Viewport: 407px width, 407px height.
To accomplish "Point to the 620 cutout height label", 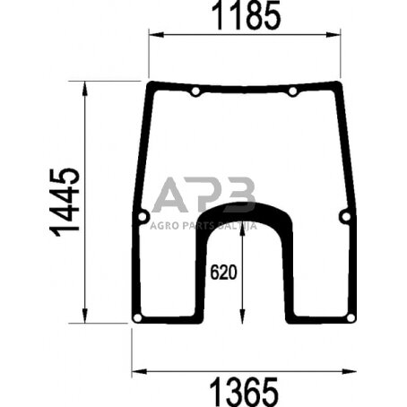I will pyautogui.click(x=224, y=272).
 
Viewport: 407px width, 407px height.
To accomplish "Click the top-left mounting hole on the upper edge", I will pyautogui.click(x=195, y=92).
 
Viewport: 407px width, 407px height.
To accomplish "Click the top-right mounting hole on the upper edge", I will pyautogui.click(x=293, y=92).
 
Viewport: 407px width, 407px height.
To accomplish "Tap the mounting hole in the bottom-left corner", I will pyautogui.click(x=136, y=318).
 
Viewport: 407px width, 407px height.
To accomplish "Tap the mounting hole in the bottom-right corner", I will pyautogui.click(x=351, y=318).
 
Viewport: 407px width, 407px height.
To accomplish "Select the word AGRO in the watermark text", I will pyautogui.click(x=164, y=225).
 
